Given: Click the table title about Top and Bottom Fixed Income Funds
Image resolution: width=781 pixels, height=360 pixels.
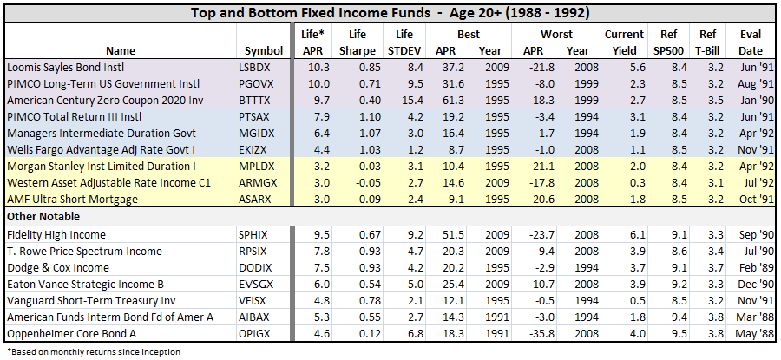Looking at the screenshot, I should point(390,12).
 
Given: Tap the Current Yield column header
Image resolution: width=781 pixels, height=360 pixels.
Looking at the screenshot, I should point(624,42).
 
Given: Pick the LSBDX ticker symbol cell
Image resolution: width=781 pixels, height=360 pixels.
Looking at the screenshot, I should point(254,67).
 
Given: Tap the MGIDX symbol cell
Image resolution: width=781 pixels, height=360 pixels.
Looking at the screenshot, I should point(254,133).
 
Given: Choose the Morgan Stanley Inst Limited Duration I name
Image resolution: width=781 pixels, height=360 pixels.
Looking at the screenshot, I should point(101,166).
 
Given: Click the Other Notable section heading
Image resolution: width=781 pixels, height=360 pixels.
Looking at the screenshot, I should point(43,216).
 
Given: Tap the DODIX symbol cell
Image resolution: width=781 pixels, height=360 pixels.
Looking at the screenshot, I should point(254,267).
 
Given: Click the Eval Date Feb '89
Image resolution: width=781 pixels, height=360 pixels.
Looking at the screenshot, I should point(751,267).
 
